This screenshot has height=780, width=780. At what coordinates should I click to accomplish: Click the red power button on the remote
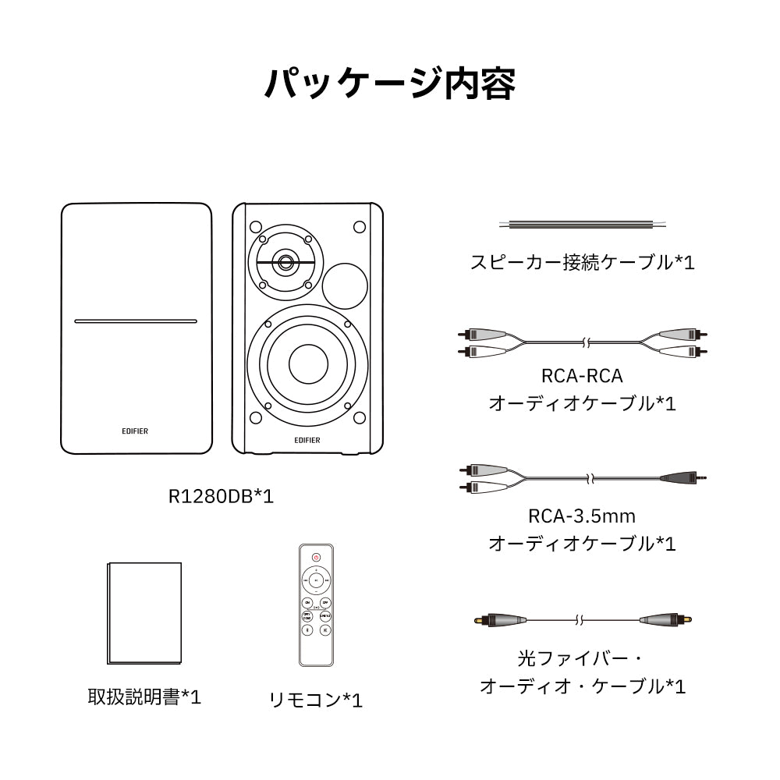pyautogui.click(x=316, y=557)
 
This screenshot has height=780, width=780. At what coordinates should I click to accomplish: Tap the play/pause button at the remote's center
pyautogui.click(x=316, y=581)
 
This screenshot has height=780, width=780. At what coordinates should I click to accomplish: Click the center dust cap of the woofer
pyautogui.click(x=308, y=362)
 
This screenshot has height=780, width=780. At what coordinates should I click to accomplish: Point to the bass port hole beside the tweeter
pyautogui.click(x=345, y=286)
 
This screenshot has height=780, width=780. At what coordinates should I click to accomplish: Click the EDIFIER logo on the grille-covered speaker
pyautogui.click(x=135, y=430)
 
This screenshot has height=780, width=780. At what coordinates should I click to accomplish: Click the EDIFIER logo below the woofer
pyautogui.click(x=307, y=439)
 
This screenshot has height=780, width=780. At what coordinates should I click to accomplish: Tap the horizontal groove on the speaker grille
pyautogui.click(x=136, y=321)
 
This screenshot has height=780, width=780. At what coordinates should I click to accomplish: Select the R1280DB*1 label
pyautogui.click(x=222, y=495)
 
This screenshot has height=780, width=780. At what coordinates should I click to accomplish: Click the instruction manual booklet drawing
pyautogui.click(x=144, y=614)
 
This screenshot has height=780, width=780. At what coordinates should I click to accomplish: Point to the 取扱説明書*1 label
pyautogui.click(x=144, y=697)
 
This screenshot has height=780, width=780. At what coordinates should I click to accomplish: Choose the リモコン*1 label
pyautogui.click(x=315, y=700)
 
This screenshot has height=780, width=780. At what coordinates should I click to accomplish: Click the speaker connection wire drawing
pyautogui.click(x=583, y=225)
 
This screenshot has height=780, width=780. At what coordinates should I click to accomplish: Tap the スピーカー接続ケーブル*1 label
pyautogui.click(x=582, y=261)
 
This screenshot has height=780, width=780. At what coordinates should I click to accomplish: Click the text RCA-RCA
pyautogui.click(x=582, y=376)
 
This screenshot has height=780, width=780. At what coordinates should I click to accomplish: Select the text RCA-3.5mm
pyautogui.click(x=582, y=516)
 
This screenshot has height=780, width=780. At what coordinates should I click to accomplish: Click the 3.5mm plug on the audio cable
pyautogui.click(x=686, y=476)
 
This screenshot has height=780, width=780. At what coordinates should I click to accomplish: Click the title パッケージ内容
pyautogui.click(x=390, y=84)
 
